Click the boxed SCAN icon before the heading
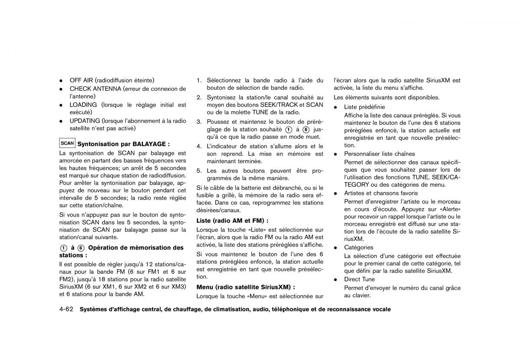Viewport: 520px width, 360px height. point(67,143)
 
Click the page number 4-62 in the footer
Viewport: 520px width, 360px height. point(67,309)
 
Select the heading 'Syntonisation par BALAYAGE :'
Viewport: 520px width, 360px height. point(123,144)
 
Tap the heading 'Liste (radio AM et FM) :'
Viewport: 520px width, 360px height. point(232,221)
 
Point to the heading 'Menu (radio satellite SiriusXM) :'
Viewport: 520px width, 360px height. point(246,287)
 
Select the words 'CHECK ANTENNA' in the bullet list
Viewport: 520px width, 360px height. point(95,89)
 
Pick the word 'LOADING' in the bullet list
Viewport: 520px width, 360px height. point(83,105)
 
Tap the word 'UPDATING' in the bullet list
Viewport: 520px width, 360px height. point(85,121)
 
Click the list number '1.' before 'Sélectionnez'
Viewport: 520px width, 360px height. point(199,80)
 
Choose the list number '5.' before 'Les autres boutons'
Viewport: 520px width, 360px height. point(199,171)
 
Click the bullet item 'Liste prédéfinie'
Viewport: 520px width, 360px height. point(364,107)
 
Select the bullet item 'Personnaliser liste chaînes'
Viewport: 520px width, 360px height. point(380,154)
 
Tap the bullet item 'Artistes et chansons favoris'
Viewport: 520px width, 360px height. point(381,193)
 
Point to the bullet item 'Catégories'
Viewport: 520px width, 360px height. point(359,248)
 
